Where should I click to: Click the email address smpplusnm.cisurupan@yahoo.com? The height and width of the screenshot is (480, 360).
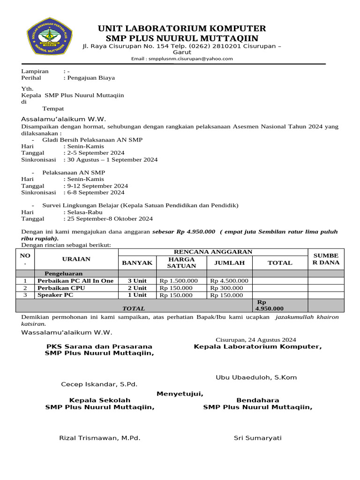point(182,59)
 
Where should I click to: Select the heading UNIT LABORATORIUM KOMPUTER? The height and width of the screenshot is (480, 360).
point(182,28)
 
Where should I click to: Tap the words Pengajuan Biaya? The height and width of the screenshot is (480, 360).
point(91,78)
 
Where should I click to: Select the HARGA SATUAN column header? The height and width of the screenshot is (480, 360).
point(181,262)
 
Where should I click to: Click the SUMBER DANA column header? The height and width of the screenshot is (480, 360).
point(325,259)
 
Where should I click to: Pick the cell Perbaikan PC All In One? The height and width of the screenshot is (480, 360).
point(75,281)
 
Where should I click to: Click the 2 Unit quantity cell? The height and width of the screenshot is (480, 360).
point(137,288)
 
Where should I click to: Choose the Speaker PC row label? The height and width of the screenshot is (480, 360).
point(55,295)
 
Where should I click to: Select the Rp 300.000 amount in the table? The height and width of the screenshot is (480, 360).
point(226,288)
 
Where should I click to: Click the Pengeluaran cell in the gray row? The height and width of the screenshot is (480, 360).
point(63,273)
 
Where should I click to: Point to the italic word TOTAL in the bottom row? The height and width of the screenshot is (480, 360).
point(134,308)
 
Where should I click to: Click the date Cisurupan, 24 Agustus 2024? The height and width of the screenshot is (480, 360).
point(255,339)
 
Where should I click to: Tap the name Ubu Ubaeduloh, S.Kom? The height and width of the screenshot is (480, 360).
point(256,377)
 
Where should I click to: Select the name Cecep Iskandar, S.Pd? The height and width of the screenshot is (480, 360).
point(99,384)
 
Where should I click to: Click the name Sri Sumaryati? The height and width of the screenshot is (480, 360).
point(257,438)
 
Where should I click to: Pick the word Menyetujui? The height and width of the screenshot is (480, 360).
point(180,393)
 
